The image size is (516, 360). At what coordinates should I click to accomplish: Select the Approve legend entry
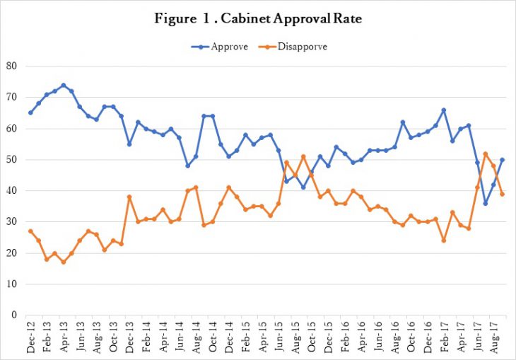[x=216, y=46]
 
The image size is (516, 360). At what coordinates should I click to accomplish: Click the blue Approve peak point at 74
[x=63, y=85]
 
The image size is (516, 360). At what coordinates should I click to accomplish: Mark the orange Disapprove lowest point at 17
[x=63, y=262]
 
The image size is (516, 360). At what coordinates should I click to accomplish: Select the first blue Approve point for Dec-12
[x=30, y=112]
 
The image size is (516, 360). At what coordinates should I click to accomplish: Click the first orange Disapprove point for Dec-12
[x=30, y=231]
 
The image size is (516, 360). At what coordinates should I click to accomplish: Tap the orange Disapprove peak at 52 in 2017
[x=485, y=153]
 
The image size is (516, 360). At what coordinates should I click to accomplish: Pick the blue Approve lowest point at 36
[x=485, y=203]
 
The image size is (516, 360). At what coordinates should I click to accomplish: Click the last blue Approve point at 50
[x=501, y=160]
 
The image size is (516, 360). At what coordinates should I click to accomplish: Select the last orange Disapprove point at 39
[x=501, y=194]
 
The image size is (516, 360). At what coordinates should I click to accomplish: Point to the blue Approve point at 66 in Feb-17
[x=443, y=110]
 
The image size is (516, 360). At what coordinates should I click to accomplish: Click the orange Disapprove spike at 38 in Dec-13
[x=129, y=197]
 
